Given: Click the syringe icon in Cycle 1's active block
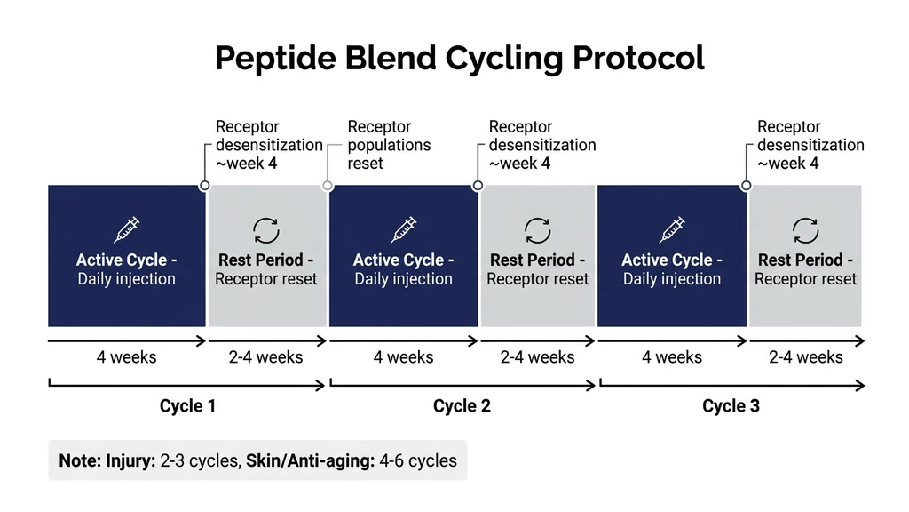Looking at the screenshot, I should click(126, 229).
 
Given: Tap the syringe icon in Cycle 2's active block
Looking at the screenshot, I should click(404, 229).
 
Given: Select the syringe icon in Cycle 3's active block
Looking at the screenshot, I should click(672, 229).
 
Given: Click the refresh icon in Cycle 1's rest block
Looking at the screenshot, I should click(266, 230).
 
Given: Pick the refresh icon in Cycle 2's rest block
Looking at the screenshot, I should click(537, 230).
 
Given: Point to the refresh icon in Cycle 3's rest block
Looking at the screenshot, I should click(805, 230).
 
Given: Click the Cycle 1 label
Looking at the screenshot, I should click(187, 406).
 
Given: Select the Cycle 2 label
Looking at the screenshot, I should click(462, 406).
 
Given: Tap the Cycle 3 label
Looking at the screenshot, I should click(731, 406).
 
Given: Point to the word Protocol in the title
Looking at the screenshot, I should click(638, 59).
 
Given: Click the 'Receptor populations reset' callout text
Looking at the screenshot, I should click(389, 145).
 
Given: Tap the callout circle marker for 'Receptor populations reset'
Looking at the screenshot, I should click(328, 186).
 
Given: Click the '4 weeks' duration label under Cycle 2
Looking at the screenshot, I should click(403, 357).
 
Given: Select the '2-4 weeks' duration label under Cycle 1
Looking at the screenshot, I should click(266, 357).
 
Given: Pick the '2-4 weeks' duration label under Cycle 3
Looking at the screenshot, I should click(805, 357).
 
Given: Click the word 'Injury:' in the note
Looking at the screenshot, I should click(130, 460).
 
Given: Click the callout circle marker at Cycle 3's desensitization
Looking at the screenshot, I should click(746, 186).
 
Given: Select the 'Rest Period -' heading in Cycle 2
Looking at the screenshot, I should click(537, 260).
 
